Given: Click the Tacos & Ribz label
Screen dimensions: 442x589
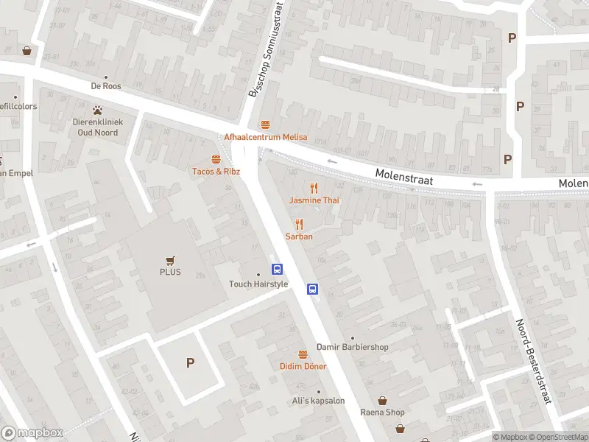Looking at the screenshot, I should pyautogui.click(x=216, y=172).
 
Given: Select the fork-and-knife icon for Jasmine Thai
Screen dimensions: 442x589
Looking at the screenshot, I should pyautogui.click(x=314, y=187).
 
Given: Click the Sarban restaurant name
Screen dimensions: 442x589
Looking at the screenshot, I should pyautogui.click(x=300, y=236).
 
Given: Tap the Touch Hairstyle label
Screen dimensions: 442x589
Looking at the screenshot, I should pyautogui.click(x=258, y=284).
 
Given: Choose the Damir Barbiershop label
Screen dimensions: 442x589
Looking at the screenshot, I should pyautogui.click(x=352, y=346).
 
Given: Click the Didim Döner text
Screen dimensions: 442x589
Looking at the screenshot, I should pyautogui.click(x=303, y=366).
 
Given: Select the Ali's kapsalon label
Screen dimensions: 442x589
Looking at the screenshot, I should pyautogui.click(x=319, y=400).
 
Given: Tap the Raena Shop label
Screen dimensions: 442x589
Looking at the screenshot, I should pyautogui.click(x=382, y=412).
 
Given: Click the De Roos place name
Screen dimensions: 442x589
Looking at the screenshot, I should pyautogui.click(x=106, y=85).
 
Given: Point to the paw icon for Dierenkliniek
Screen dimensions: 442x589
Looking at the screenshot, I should pyautogui.click(x=96, y=110).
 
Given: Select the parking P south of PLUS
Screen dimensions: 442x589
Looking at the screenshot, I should pyautogui.click(x=190, y=362).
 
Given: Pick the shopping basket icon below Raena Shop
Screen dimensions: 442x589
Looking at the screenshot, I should pyautogui.click(x=400, y=428).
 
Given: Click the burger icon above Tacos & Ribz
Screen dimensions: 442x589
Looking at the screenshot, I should pyautogui.click(x=216, y=158).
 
